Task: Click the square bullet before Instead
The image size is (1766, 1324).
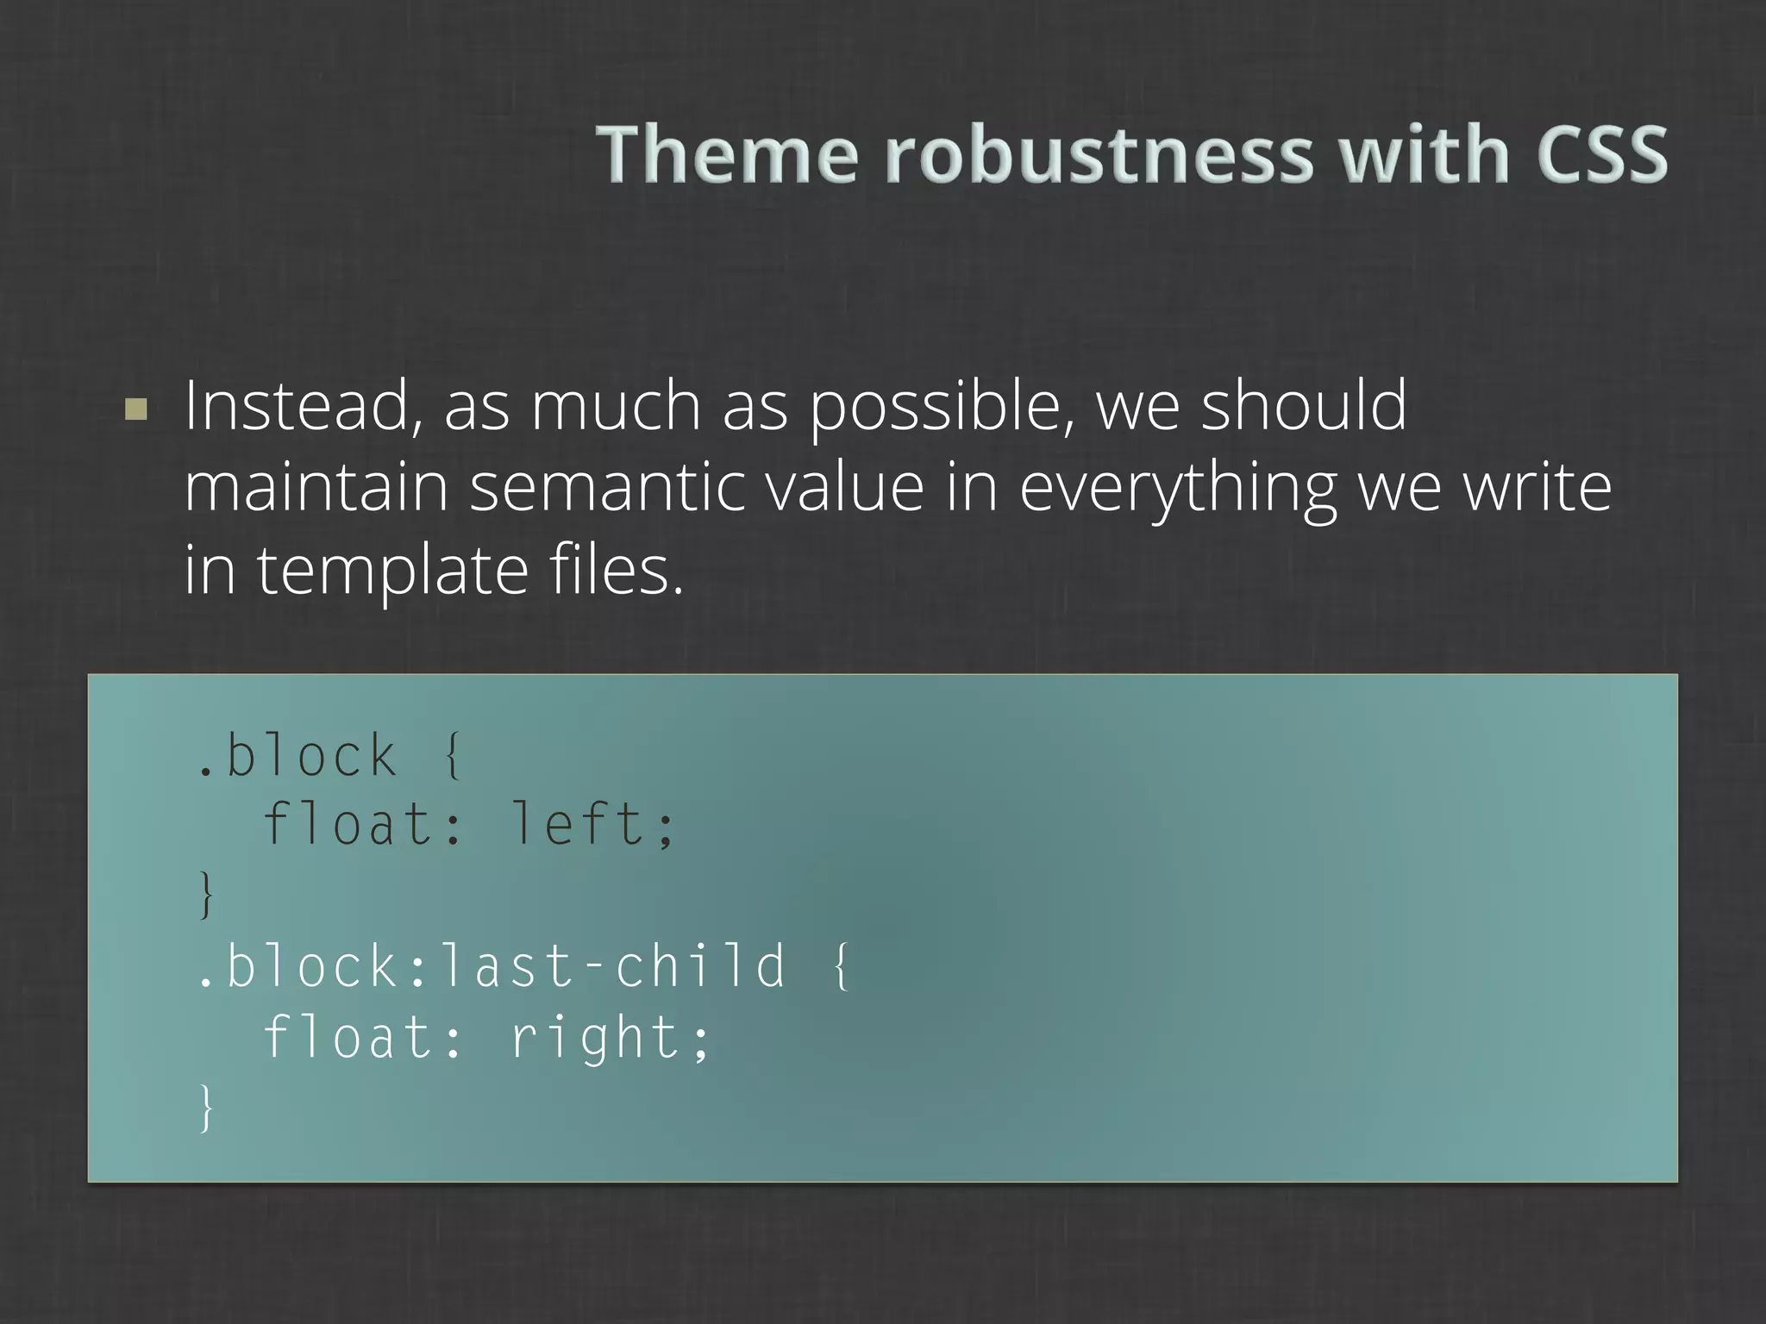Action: tap(136, 408)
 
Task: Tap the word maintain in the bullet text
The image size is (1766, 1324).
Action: tap(316, 487)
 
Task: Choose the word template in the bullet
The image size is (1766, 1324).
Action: tap(392, 571)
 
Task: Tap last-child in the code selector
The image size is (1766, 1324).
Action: tap(613, 965)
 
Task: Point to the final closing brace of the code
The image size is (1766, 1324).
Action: tap(206, 1108)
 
